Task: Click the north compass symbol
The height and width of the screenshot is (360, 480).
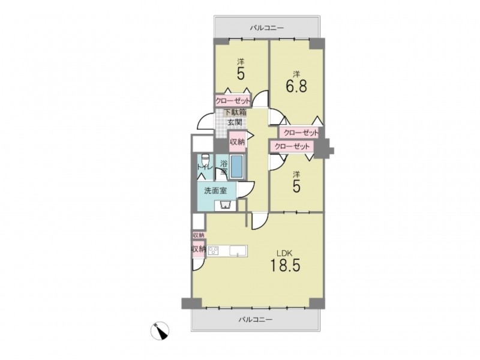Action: click(160, 331)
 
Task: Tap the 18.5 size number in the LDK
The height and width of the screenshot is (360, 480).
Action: click(285, 265)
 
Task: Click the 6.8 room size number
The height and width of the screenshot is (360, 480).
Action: click(296, 86)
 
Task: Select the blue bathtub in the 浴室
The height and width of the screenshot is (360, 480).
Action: click(237, 166)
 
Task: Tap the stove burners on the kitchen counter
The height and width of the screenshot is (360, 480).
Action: click(214, 251)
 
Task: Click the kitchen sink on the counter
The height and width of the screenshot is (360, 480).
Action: click(238, 251)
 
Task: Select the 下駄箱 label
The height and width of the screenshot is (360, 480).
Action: click(235, 112)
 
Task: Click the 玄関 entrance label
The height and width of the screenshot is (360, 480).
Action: click(235, 122)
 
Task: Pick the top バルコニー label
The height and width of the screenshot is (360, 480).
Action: click(267, 28)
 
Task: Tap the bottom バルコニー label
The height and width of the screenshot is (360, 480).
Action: click(256, 320)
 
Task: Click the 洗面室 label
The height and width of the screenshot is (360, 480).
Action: click(215, 191)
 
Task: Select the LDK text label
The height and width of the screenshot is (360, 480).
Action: click(285, 253)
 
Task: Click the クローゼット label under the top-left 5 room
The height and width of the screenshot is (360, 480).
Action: click(233, 101)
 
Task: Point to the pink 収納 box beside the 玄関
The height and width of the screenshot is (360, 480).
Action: click(238, 142)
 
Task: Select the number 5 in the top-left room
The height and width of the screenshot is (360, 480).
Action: click(241, 73)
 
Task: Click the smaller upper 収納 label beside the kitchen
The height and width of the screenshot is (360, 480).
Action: click(199, 235)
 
